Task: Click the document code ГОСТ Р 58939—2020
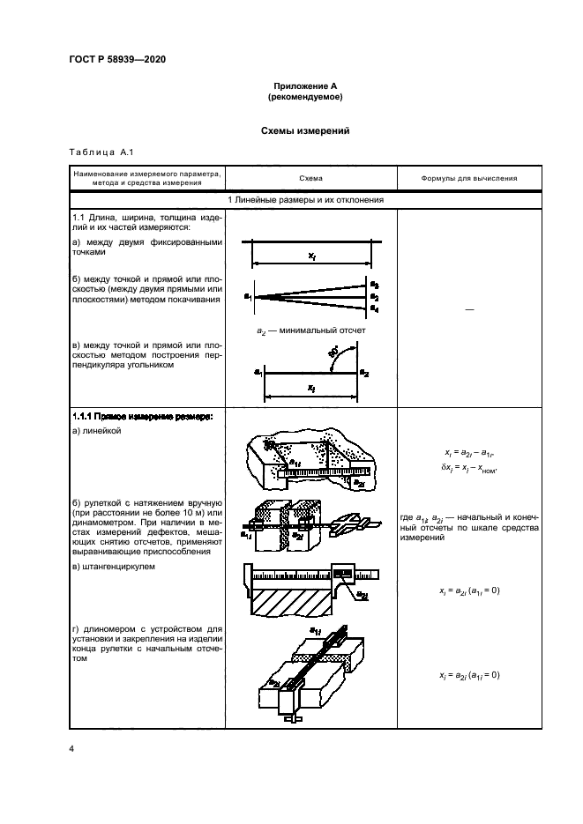[116, 59]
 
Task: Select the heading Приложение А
[304, 85]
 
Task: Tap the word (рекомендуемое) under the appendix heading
[304, 97]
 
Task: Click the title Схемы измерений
[304, 130]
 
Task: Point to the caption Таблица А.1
[100, 152]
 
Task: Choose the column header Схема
[310, 177]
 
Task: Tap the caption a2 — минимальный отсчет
[310, 330]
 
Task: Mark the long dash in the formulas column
[455, 308]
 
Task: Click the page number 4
[71, 749]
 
